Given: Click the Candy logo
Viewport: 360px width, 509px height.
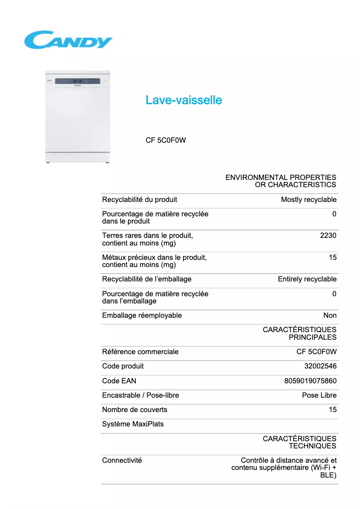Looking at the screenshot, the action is coord(68,40).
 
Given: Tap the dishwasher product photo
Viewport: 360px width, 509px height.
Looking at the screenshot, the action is coord(78,117).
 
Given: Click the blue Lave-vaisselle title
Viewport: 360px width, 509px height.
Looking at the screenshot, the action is coord(184,100).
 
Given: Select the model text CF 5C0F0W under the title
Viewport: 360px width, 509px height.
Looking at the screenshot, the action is coord(166,140).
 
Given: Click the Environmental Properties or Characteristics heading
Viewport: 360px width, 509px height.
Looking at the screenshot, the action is coord(281,181).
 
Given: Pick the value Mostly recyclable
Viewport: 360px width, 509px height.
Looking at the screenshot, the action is coord(308,200).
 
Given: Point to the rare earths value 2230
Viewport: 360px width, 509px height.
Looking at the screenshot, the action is coord(328,236).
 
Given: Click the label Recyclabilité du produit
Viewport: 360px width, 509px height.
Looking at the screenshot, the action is coord(140,200).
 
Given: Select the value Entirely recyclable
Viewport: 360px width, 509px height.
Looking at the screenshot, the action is coord(307,279).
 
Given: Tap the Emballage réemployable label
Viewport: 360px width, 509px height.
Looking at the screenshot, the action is coord(142,316).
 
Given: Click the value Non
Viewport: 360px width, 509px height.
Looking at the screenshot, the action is coord(330,316).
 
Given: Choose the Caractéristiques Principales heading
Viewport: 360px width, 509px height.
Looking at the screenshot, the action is coord(299,333).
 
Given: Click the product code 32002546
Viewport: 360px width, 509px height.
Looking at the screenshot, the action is coord(320,366).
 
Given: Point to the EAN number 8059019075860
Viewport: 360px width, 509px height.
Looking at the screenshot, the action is coord(310,381).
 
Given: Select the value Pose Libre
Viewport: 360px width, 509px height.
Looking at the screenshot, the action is coord(319,395).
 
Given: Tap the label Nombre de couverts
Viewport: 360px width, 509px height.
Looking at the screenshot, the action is coord(135,410).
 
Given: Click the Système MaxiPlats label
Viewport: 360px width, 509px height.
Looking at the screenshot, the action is coord(133,424).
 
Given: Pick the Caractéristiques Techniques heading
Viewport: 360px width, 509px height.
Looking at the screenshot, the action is coord(299,442).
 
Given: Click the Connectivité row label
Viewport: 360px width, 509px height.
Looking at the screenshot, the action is coord(122,461).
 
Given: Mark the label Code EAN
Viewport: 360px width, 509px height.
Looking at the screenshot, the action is coord(119,381).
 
